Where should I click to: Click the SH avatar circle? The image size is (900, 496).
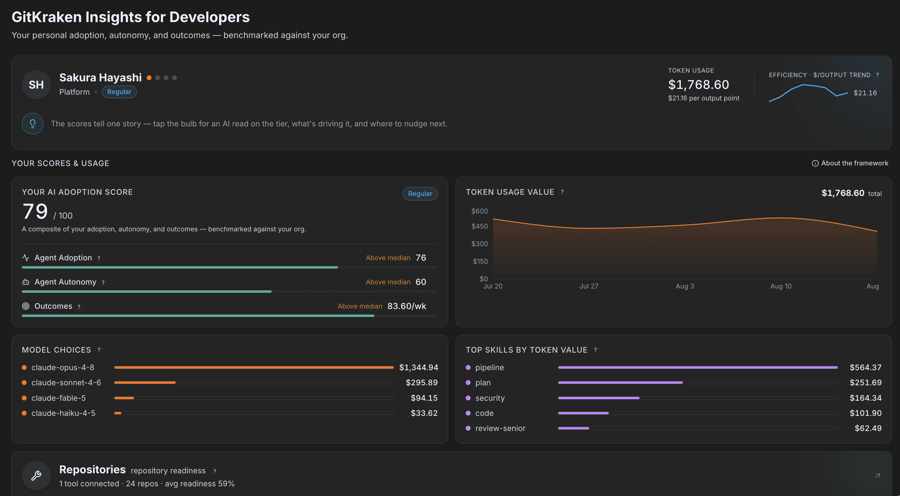[x=36, y=84]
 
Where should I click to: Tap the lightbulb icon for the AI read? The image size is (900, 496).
[x=32, y=124]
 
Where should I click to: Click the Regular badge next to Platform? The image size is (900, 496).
[x=119, y=92]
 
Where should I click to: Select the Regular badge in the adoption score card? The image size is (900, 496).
[x=420, y=194]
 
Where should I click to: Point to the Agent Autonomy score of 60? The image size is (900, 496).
[x=421, y=282]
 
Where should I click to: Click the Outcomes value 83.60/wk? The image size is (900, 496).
[x=407, y=306]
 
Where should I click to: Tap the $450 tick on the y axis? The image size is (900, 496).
[x=479, y=226]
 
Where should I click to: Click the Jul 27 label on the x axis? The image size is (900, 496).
[x=589, y=286]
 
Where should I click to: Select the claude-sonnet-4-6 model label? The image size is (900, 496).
[x=66, y=383]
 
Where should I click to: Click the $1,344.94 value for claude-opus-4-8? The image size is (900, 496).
[x=419, y=367]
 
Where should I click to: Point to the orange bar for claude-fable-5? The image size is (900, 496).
[x=124, y=398]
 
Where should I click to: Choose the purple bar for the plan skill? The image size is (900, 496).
[x=620, y=383]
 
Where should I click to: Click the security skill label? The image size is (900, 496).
[x=490, y=398]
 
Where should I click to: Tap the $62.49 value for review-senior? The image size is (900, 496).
[x=868, y=428]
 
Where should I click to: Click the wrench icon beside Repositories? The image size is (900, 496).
[x=36, y=475]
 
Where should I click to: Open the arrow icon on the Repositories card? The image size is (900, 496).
[x=877, y=476]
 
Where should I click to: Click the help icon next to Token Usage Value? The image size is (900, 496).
[x=562, y=192]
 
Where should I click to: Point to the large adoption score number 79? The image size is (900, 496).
[x=35, y=211]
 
